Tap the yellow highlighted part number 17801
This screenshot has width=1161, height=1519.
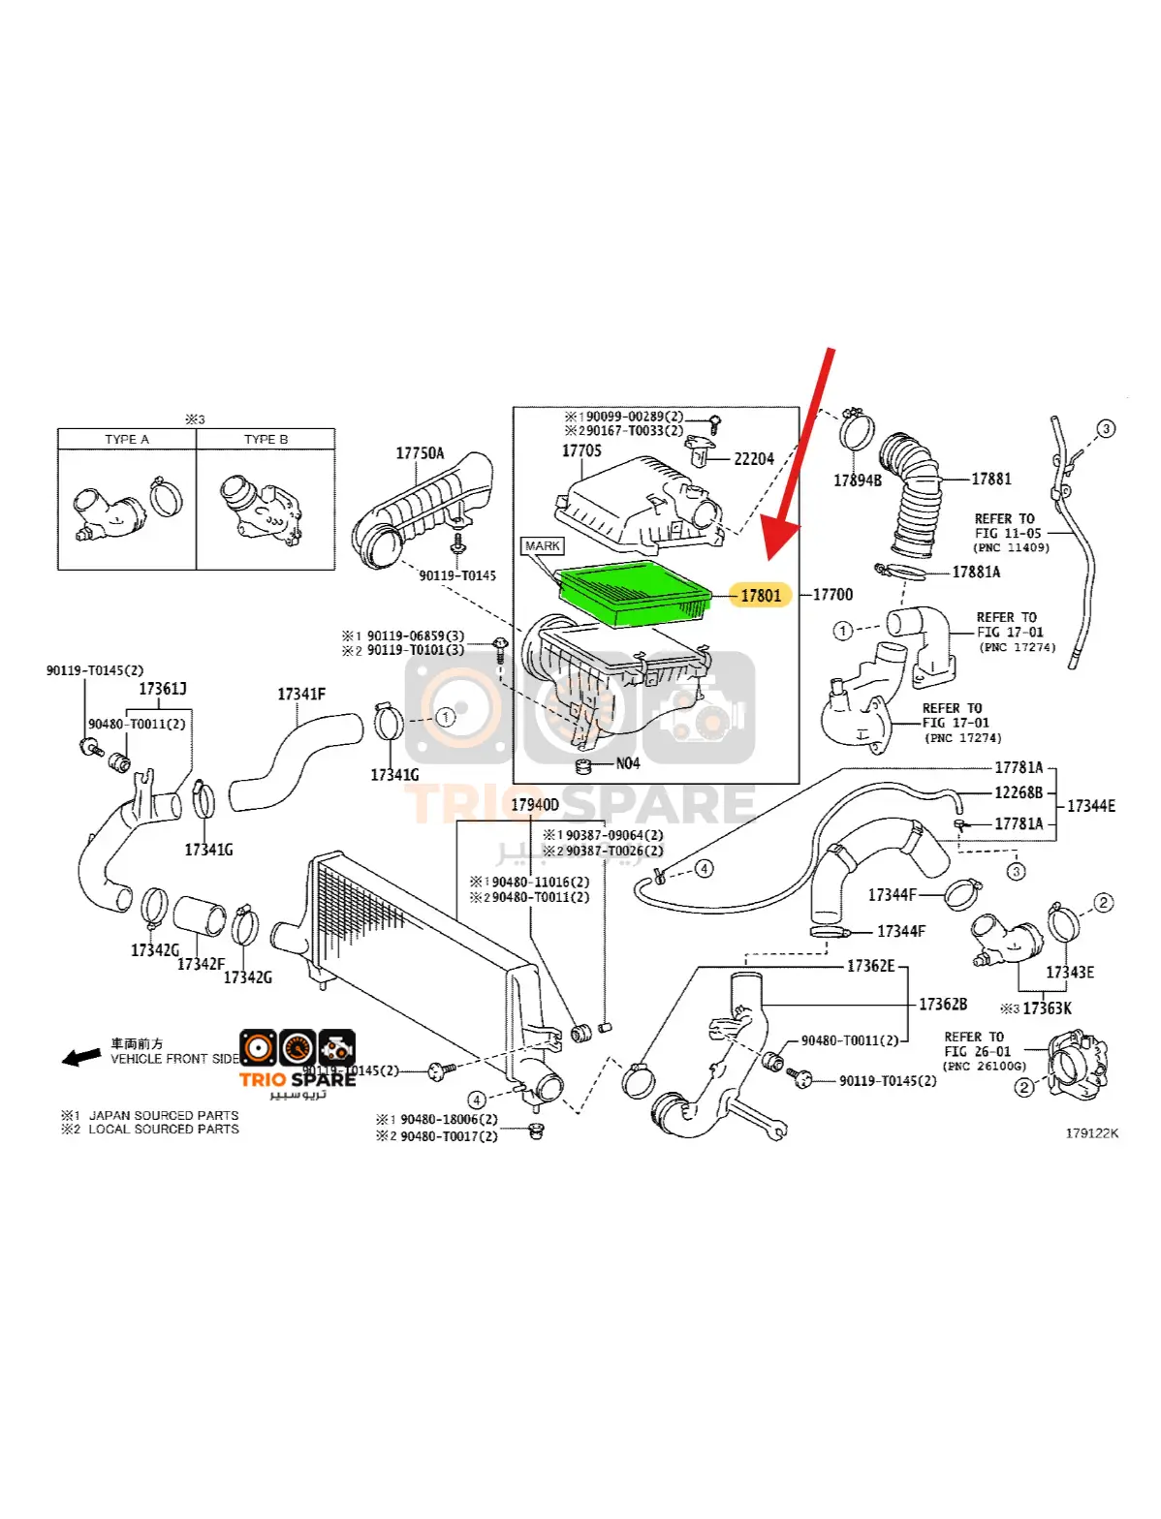tap(761, 595)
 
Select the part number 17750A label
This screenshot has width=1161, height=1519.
tap(420, 452)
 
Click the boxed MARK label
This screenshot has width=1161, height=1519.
tap(542, 546)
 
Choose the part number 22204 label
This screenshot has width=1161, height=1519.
tap(753, 458)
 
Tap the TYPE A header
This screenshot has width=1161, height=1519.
tap(127, 439)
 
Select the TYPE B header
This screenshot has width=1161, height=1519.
tap(266, 439)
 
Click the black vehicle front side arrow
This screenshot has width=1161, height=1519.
tap(81, 1056)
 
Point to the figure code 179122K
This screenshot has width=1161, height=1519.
tap(1091, 1132)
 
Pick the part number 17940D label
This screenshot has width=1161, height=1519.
tap(534, 804)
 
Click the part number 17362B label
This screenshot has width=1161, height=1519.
tap(942, 1004)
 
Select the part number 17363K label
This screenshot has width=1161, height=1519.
tap(1047, 1007)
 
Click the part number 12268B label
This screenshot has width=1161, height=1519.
tap(1019, 792)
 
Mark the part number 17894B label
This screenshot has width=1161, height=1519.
tap(858, 480)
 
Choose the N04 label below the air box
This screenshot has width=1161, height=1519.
tap(627, 763)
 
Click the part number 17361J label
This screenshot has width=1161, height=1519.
tap(162, 689)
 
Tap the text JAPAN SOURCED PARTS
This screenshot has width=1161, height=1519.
tap(163, 1115)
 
